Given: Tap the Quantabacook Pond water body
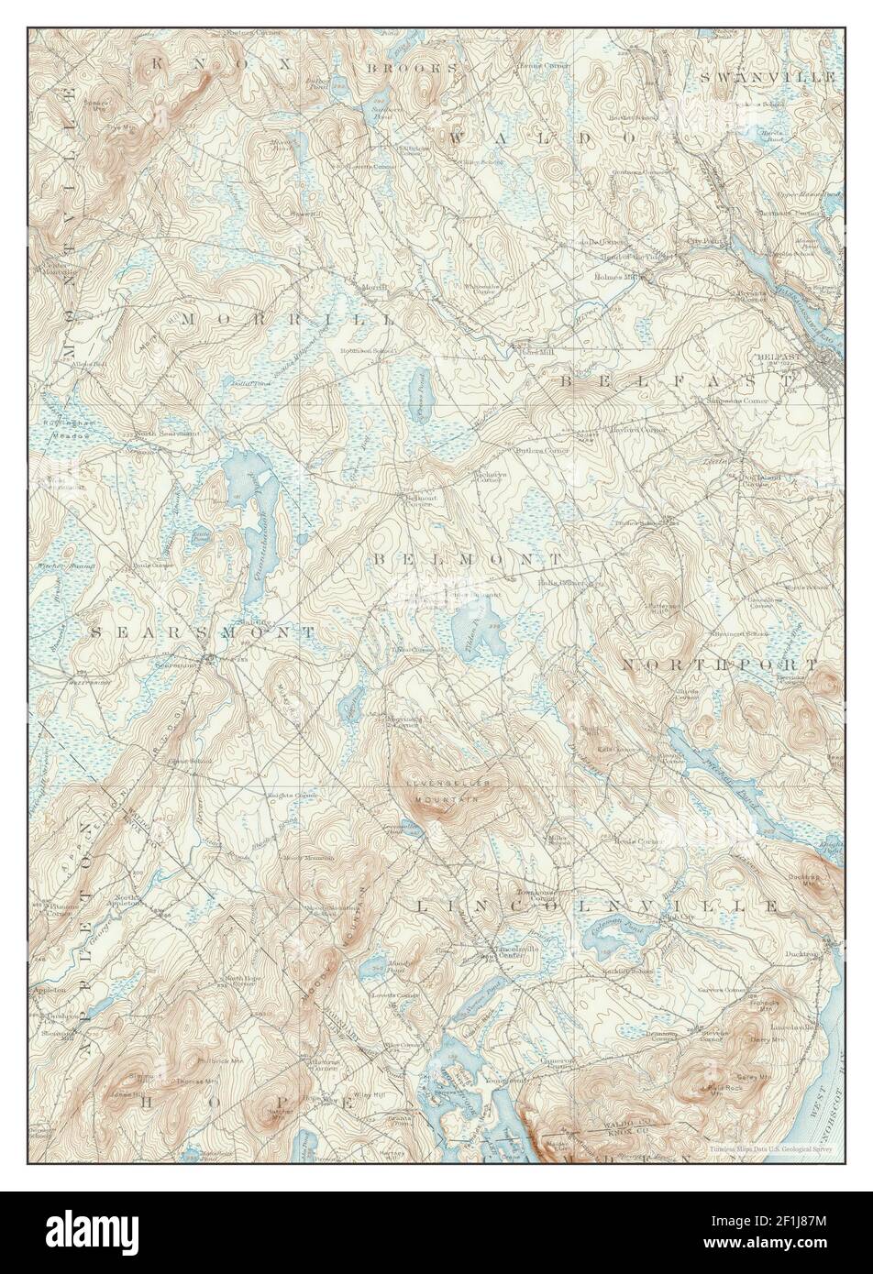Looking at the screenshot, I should [x=248, y=513].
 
